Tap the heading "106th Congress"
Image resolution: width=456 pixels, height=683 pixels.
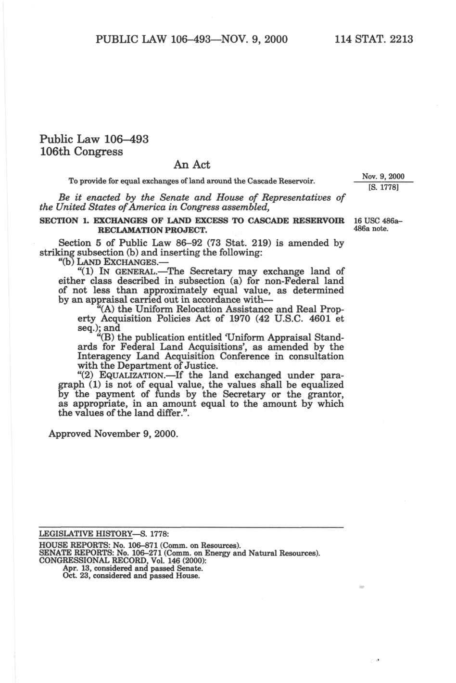coord(81,151)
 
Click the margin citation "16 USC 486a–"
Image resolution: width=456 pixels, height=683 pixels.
coord(378,221)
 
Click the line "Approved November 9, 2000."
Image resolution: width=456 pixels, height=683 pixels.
coord(114,434)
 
